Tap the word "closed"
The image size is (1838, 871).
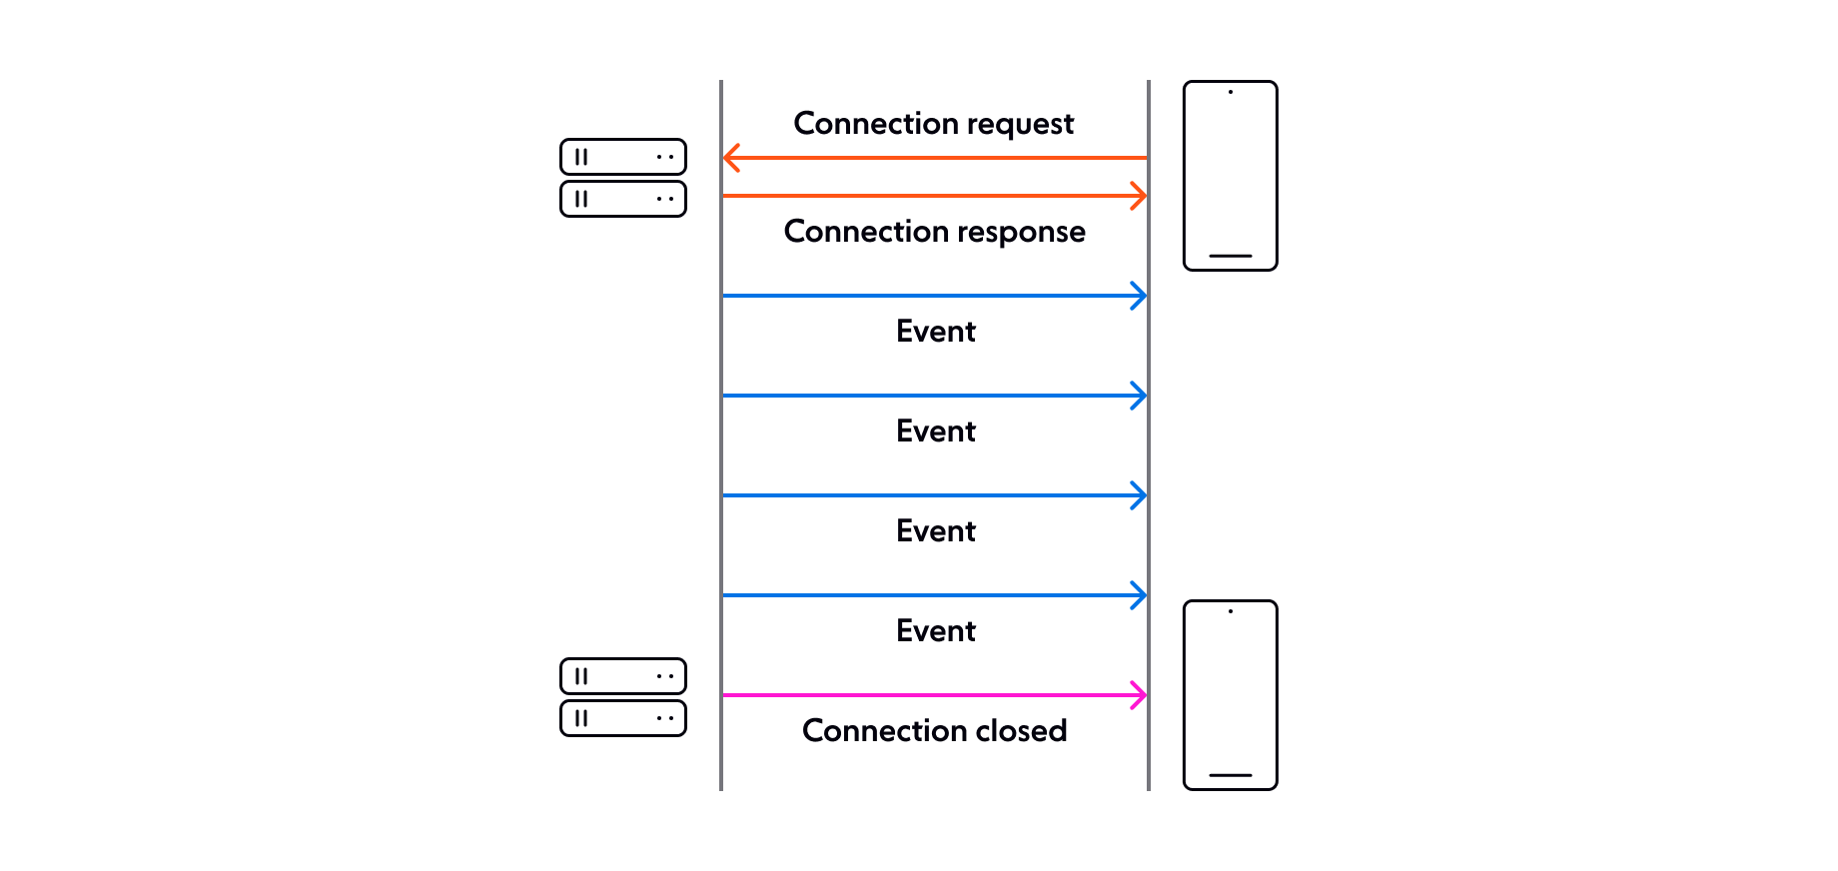click(x=1021, y=730)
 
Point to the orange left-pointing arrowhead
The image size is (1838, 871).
click(x=731, y=158)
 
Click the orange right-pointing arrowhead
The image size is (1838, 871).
click(x=1138, y=196)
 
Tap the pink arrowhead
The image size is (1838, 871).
click(x=1138, y=695)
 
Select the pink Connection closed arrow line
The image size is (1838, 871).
click(x=935, y=695)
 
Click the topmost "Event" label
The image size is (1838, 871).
click(x=936, y=331)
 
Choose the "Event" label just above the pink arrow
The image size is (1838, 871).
click(x=936, y=630)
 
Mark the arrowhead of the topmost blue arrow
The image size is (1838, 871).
click(x=1138, y=296)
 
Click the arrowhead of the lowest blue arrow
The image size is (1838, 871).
click(x=1138, y=595)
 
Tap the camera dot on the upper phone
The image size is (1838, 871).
click(x=1231, y=92)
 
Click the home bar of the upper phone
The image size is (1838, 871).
click(x=1231, y=256)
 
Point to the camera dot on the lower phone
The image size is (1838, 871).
click(x=1231, y=611)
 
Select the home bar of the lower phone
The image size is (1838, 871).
click(x=1231, y=775)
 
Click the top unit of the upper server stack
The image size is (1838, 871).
click(x=623, y=157)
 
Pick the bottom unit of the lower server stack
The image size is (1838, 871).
click(x=623, y=718)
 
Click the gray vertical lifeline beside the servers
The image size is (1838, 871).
click(x=721, y=435)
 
